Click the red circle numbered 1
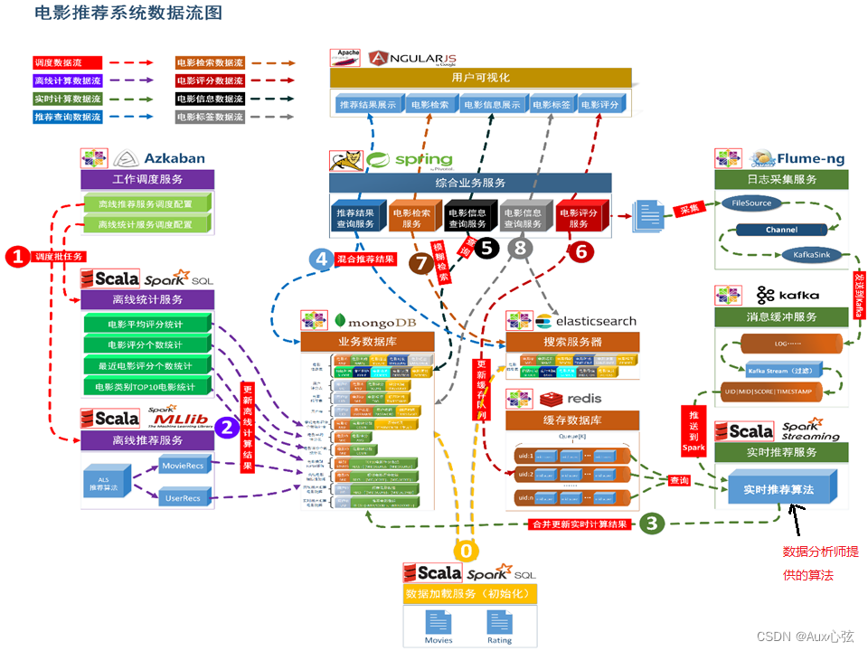click(x=18, y=257)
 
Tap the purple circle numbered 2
click(x=226, y=429)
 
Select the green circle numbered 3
click(x=652, y=524)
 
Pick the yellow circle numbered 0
click(x=467, y=551)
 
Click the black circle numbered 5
click(x=487, y=245)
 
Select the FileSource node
click(x=752, y=203)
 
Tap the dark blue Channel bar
click(x=781, y=230)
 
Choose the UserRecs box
click(x=184, y=496)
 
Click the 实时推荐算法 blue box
click(x=778, y=489)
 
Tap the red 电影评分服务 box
click(x=579, y=219)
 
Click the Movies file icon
click(x=439, y=623)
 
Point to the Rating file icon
click(x=499, y=623)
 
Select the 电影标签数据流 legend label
click(x=210, y=117)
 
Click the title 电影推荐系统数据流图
click(x=127, y=14)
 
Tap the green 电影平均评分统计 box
click(x=146, y=324)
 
